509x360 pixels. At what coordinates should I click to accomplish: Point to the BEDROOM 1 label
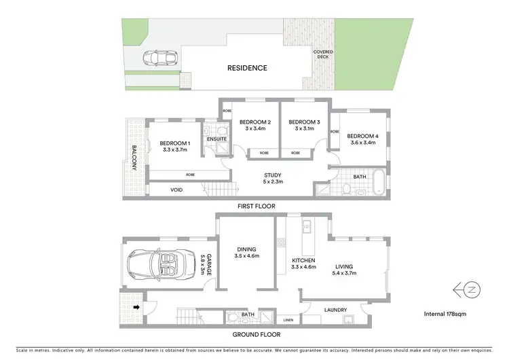[175, 143]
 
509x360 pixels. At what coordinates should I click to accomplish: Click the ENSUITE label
[216, 139]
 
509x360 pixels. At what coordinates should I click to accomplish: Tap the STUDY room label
[274, 175]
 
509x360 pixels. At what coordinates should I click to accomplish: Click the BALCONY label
[134, 158]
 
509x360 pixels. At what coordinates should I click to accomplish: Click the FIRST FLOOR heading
[255, 206]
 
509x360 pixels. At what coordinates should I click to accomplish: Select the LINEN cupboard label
[288, 319]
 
